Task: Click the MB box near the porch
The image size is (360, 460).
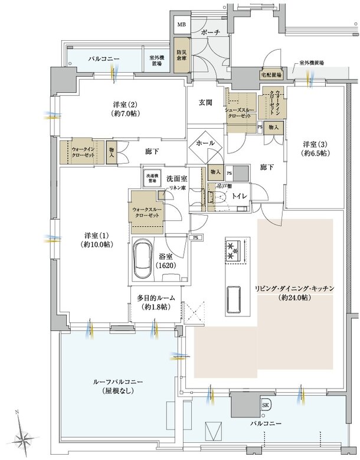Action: coord(181,25)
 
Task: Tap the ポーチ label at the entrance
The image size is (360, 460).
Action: coord(211,33)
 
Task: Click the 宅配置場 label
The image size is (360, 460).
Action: coord(270,75)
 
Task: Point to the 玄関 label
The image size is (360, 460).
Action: coord(205,102)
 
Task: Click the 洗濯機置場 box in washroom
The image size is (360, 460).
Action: coord(150,177)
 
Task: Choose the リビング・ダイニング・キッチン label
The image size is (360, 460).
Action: coord(294,293)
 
